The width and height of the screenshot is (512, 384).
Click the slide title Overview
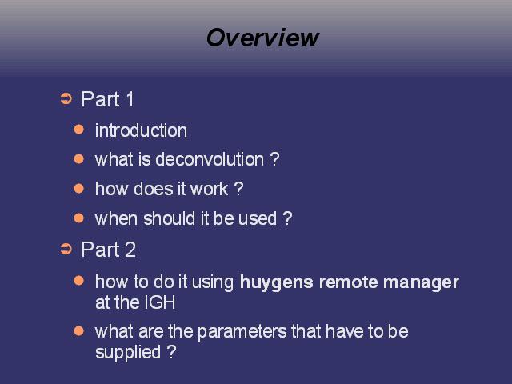pyautogui.click(x=262, y=38)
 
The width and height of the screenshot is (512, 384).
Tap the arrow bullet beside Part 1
pyautogui.click(x=66, y=99)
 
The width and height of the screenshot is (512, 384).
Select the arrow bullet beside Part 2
pyautogui.click(x=66, y=249)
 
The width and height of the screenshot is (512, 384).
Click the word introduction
pyautogui.click(x=141, y=130)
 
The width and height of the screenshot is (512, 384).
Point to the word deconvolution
pyautogui.click(x=210, y=159)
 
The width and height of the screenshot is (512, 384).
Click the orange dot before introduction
pyautogui.click(x=79, y=130)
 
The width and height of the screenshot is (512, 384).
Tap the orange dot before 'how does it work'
pyautogui.click(x=79, y=189)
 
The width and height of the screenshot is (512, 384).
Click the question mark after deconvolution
pyautogui.click(x=275, y=159)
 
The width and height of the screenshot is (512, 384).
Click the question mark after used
pyautogui.click(x=287, y=218)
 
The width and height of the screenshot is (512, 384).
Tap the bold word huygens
pyautogui.click(x=277, y=282)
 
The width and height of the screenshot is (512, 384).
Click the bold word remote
pyautogui.click(x=348, y=282)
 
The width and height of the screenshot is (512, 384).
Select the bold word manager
pyautogui.click(x=422, y=283)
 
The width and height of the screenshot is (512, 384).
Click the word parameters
pyautogui.click(x=242, y=333)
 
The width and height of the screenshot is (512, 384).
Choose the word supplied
pyautogui.click(x=128, y=353)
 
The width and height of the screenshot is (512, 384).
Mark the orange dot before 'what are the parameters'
pyautogui.click(x=79, y=331)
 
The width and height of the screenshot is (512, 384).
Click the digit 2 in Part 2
pyautogui.click(x=130, y=250)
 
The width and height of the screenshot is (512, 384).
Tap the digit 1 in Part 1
pyautogui.click(x=130, y=99)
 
